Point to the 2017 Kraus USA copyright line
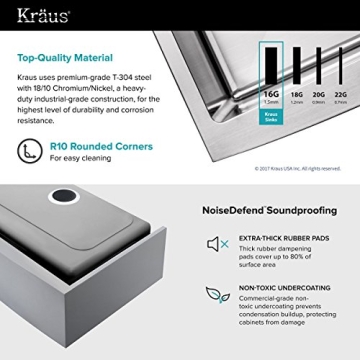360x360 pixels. point(297,168)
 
